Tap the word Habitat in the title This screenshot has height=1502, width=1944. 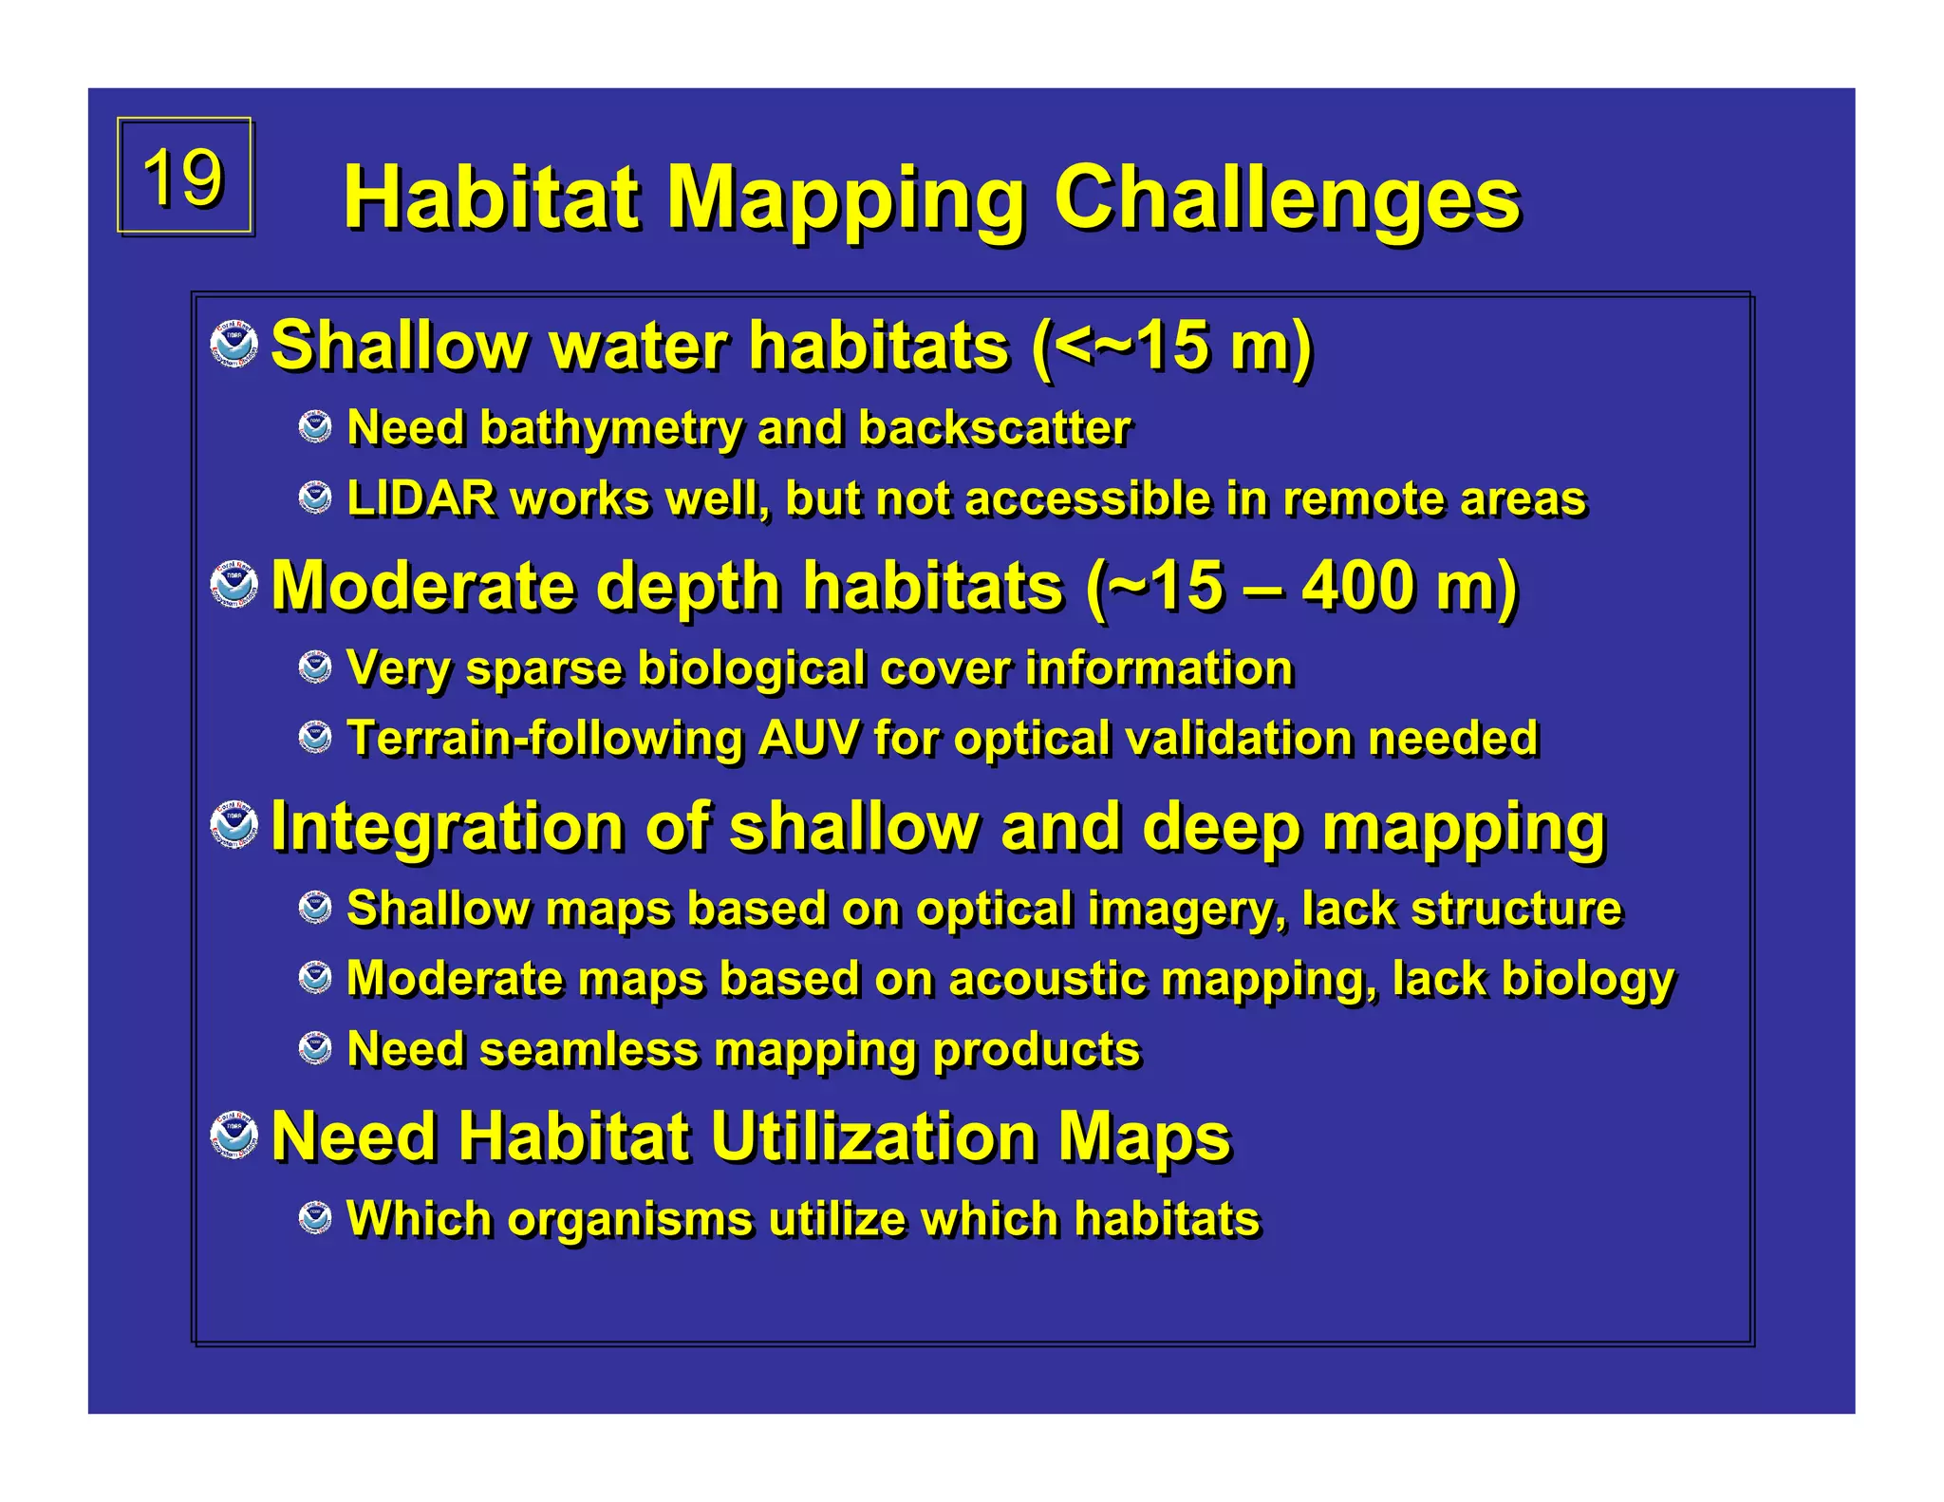(x=491, y=198)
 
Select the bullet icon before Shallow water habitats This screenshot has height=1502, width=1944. (x=234, y=345)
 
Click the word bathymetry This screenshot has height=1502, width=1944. (x=610, y=428)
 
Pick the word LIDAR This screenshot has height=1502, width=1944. (x=421, y=498)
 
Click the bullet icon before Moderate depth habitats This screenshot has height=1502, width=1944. (x=234, y=585)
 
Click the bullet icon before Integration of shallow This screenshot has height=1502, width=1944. (x=234, y=825)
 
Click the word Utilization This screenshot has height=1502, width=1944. (x=872, y=1136)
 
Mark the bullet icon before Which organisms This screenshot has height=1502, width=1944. (x=315, y=1218)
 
